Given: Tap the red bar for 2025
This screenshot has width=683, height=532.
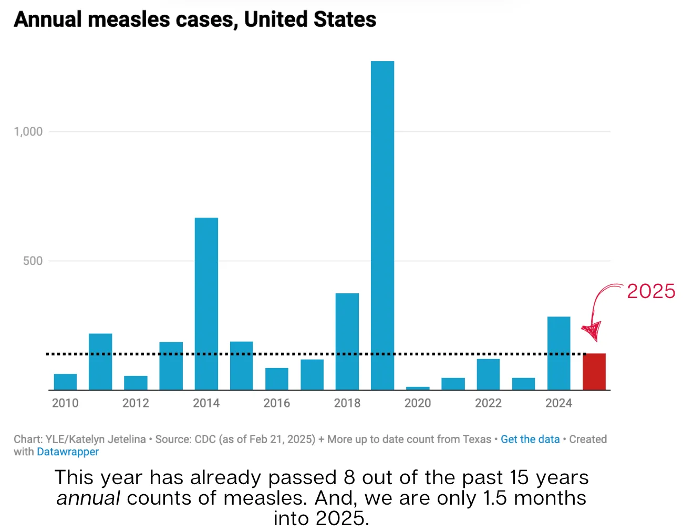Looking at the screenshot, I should tap(594, 372).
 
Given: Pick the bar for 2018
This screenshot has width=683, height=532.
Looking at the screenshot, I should tap(347, 341).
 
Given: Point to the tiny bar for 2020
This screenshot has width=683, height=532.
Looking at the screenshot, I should tap(418, 388).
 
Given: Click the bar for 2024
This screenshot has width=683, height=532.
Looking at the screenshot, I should tap(558, 353).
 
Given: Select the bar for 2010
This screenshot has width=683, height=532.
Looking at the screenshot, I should tap(65, 382).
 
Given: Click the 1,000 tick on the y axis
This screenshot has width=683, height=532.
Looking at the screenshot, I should tap(28, 131).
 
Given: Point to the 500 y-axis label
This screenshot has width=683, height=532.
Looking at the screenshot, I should tap(33, 261).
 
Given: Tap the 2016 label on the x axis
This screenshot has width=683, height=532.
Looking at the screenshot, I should tap(276, 403).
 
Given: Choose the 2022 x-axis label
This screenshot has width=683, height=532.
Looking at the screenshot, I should tap(488, 403).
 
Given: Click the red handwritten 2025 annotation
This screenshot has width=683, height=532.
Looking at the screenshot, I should tap(651, 291).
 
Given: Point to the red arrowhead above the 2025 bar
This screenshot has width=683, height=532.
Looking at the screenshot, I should tap(592, 331).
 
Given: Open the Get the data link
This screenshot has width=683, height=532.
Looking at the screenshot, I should tap(530, 439).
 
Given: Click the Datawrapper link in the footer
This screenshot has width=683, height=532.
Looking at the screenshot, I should tap(68, 452).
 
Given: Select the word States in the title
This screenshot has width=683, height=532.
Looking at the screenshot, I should tap(345, 19).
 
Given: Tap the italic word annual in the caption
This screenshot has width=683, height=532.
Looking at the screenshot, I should tap(88, 498).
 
